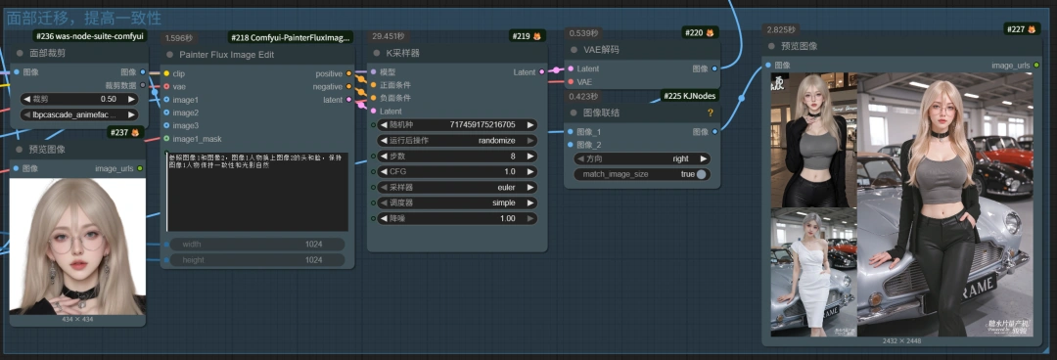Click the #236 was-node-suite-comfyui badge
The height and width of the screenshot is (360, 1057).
click(x=89, y=36)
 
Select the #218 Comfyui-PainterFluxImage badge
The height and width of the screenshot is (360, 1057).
click(x=290, y=37)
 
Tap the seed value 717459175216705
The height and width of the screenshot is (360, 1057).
click(x=454, y=125)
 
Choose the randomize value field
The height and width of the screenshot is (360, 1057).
click(x=454, y=140)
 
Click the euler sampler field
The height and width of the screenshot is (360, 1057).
click(x=454, y=187)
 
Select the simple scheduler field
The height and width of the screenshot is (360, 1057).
click(x=454, y=202)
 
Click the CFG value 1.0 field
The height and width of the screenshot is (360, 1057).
click(x=454, y=171)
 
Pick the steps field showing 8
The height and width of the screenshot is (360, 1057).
click(x=454, y=156)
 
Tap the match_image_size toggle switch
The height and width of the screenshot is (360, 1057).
click(x=700, y=174)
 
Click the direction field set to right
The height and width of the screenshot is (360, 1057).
click(x=642, y=158)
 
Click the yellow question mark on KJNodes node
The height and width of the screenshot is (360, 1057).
click(x=710, y=113)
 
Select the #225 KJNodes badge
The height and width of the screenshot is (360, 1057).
click(x=690, y=96)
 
